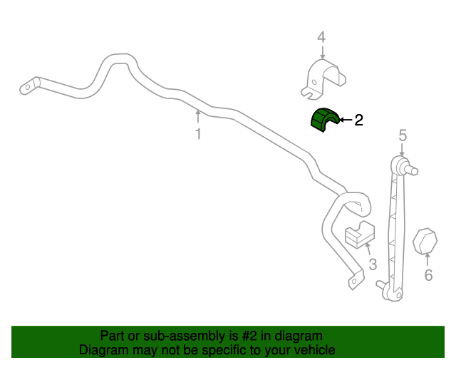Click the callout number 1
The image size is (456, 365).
coord(198,134)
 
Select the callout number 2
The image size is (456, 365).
coord(358,120)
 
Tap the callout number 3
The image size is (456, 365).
coord(372,266)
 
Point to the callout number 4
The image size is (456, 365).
coord(321,36)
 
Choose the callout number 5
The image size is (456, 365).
coord(403,135)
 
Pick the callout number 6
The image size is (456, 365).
coord(428,275)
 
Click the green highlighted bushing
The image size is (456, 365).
coord(325,120)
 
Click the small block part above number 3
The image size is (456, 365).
coord(361,235)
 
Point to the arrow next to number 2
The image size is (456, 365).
coord(346,120)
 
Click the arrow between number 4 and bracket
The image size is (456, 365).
coord(321,51)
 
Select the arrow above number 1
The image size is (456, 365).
coord(198,116)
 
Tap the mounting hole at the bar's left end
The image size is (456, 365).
coord(28,88)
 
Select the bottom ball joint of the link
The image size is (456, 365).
coord(385,286)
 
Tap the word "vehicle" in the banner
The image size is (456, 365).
coord(314,350)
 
